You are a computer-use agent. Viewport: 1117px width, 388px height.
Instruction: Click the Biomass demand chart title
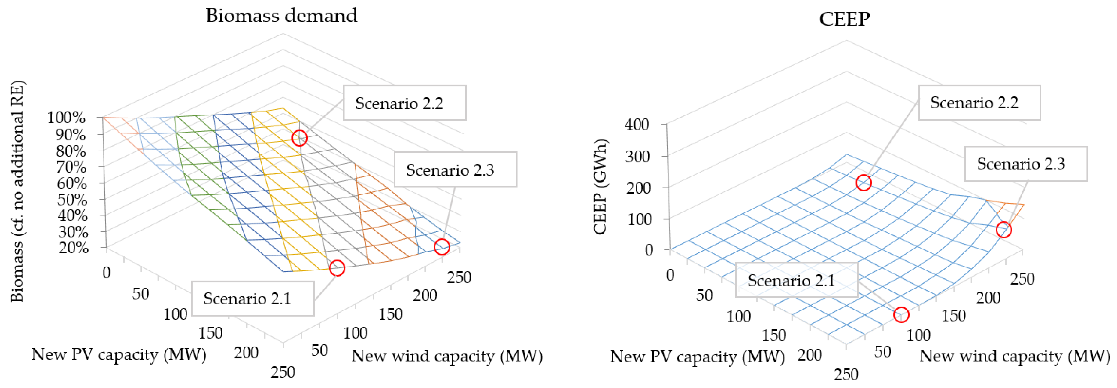281,16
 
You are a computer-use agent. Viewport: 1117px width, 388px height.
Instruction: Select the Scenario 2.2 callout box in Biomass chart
404,103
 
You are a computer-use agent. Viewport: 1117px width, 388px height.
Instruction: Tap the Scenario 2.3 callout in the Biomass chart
455,170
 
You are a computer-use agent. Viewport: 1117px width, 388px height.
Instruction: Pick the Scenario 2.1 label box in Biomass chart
252,299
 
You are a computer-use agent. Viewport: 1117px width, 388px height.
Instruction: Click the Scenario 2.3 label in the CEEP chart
1025,163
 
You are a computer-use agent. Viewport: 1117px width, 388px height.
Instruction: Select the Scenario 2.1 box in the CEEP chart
796,280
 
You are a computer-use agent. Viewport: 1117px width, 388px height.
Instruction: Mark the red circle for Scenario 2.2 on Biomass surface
299,138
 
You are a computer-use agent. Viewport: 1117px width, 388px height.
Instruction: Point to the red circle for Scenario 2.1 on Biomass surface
337,268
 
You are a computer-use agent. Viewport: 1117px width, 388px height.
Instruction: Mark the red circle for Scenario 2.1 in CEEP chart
901,315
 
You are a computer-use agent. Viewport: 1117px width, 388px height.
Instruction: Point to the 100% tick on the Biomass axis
66,118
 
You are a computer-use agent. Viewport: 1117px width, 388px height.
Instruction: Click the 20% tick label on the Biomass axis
73,248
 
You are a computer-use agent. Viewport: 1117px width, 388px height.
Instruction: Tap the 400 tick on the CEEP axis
637,125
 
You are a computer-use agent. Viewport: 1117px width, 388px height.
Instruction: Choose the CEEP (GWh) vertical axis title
601,187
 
